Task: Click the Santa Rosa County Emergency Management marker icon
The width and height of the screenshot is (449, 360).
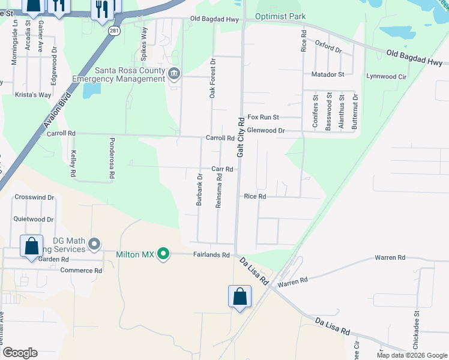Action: pyautogui.click(x=174, y=74)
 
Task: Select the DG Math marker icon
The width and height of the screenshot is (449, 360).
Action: pyautogui.click(x=94, y=244)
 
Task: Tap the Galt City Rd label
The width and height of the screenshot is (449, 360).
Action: pyautogui.click(x=240, y=137)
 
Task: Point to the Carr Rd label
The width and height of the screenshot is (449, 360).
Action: pyautogui.click(x=221, y=169)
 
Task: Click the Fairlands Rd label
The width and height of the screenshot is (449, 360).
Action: pyautogui.click(x=211, y=255)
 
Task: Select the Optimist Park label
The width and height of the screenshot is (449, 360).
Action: pyautogui.click(x=280, y=17)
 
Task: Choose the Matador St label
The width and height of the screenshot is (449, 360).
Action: pyautogui.click(x=328, y=74)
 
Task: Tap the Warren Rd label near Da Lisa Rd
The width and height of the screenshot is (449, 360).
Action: pyautogui.click(x=292, y=280)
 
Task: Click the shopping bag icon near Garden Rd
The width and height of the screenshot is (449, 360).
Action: pyautogui.click(x=31, y=247)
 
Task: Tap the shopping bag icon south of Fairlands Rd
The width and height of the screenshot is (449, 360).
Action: pyautogui.click(x=240, y=296)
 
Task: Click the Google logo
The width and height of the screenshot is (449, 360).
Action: pyautogui.click(x=20, y=353)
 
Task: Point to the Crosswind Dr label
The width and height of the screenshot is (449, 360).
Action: pyautogui.click(x=34, y=197)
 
